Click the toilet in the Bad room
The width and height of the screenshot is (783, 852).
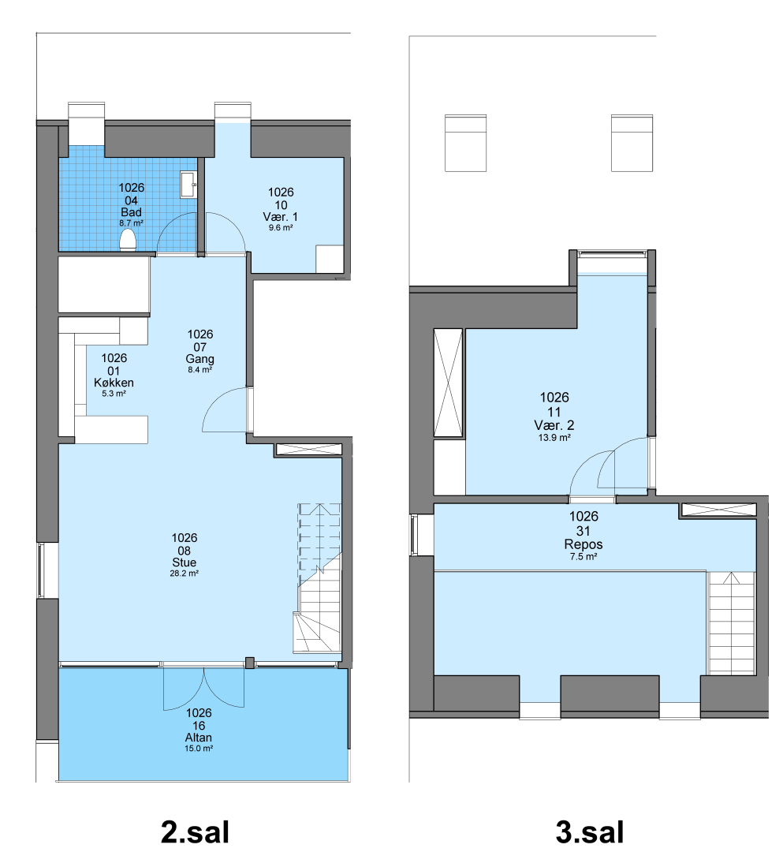point(128,240)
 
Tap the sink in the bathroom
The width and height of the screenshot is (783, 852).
point(188,185)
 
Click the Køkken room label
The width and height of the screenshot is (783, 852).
point(114,383)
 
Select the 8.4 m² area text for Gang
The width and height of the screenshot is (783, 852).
point(199,369)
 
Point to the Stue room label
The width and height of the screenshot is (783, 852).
point(184,562)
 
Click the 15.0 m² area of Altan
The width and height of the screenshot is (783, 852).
point(199,748)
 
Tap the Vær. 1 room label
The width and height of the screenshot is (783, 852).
point(280,216)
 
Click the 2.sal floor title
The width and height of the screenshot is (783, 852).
point(195,832)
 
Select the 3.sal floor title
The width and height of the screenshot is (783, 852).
point(590,832)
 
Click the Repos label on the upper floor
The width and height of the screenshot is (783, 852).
point(584,544)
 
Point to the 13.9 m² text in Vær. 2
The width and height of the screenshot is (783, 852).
point(554,437)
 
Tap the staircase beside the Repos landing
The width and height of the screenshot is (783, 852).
point(732,622)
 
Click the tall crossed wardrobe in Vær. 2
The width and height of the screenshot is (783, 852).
point(448,383)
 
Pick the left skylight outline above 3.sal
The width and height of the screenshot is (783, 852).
point(465,143)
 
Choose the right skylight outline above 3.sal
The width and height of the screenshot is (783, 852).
point(632,143)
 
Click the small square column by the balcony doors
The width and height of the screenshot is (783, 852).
point(249,663)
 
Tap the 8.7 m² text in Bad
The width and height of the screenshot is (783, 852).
point(132,223)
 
